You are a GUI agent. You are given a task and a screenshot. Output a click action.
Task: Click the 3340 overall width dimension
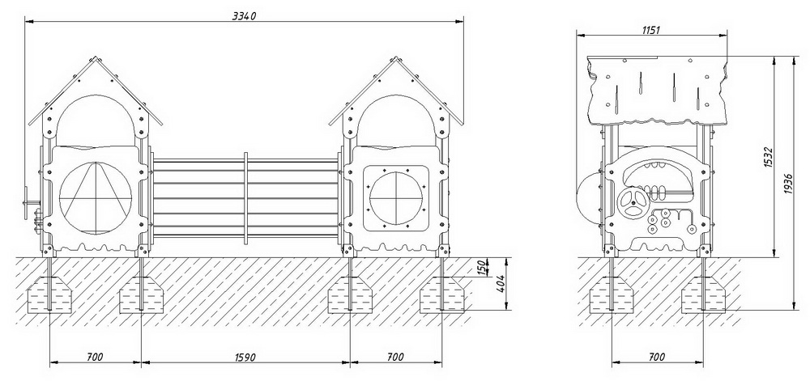[244, 16]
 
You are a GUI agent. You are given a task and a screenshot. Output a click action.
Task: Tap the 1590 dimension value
[245, 357]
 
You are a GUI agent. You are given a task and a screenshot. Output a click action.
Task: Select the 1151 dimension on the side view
[651, 30]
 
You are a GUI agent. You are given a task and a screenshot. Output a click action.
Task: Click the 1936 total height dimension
[788, 184]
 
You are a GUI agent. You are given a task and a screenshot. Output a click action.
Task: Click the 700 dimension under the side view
[656, 357]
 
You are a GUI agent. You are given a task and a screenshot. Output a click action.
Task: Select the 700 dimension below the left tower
[95, 357]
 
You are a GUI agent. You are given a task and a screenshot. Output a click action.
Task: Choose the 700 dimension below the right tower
[395, 357]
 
